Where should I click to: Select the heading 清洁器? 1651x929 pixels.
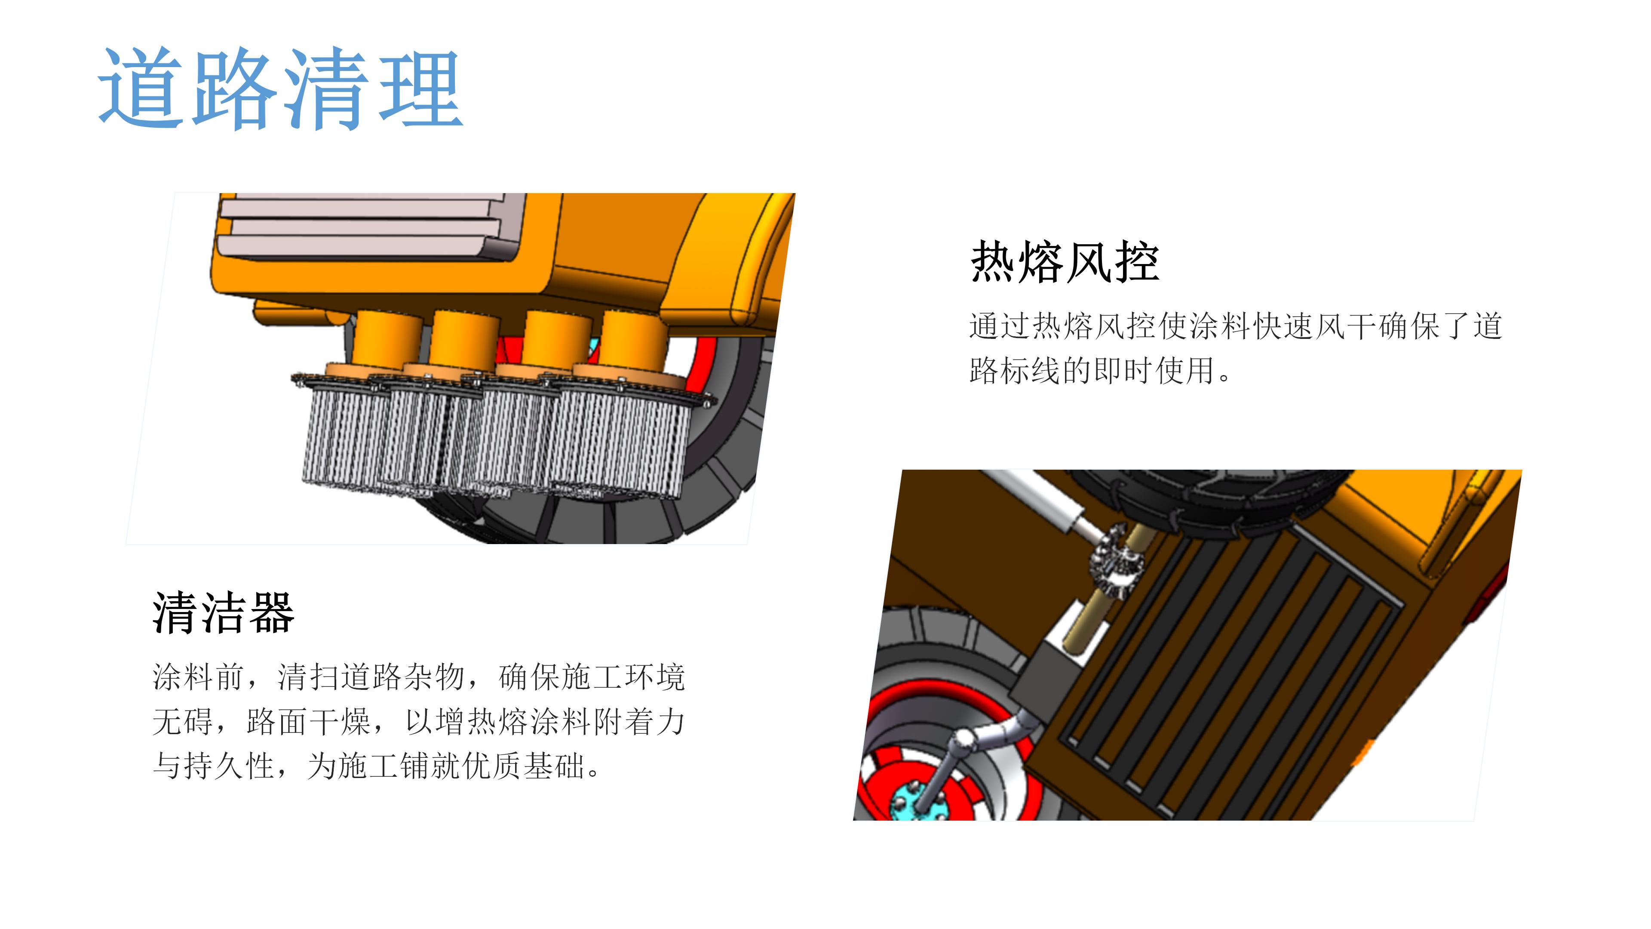[223, 613]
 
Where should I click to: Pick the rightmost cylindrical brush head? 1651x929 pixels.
[619, 443]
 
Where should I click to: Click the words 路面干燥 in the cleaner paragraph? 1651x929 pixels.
[309, 723]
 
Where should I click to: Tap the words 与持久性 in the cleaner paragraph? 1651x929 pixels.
[215, 766]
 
